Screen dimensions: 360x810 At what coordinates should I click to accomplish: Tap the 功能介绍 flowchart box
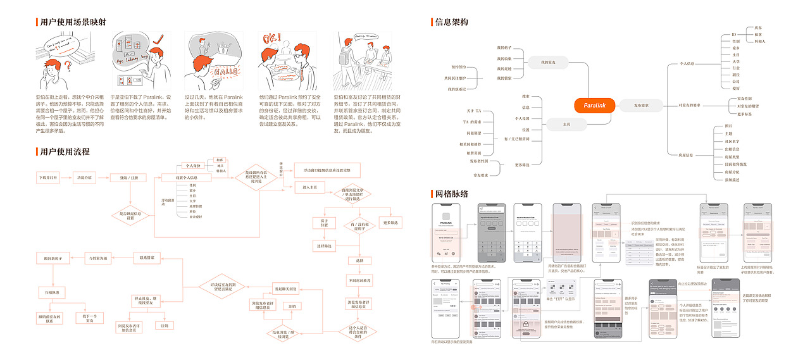pos(85,178)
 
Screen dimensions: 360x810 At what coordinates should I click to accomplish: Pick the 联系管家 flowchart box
pos(147,257)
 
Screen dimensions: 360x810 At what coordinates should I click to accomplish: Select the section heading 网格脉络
pos(451,194)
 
